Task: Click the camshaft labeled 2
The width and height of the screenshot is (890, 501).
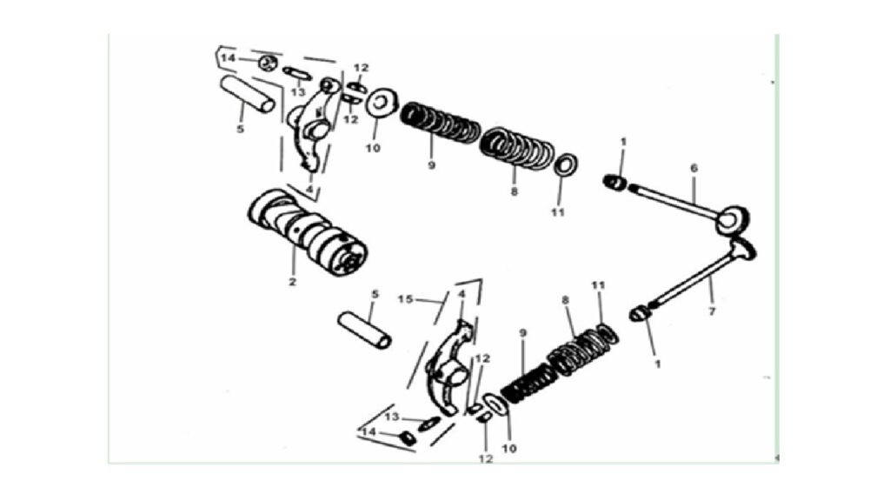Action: click(308, 232)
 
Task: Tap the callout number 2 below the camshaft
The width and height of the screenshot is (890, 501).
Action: click(292, 282)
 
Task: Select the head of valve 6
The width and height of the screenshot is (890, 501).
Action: click(733, 220)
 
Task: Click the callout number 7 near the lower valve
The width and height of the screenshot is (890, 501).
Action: click(712, 311)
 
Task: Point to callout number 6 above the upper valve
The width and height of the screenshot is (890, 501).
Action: click(694, 168)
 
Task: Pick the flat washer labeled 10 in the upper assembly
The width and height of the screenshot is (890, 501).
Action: click(382, 104)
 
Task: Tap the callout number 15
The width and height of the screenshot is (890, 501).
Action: click(405, 299)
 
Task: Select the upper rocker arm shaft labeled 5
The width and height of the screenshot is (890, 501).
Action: click(248, 94)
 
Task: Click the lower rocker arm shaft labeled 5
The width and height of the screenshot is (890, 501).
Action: click(364, 330)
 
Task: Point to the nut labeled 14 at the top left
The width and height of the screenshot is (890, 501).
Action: click(268, 63)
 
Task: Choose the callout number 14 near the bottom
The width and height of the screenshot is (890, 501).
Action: click(369, 433)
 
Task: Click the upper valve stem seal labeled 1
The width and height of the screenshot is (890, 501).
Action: click(614, 183)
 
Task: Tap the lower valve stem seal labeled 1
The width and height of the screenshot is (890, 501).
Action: click(641, 313)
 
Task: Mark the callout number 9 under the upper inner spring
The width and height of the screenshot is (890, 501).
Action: click(431, 165)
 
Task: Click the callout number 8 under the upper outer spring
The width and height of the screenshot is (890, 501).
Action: click(515, 191)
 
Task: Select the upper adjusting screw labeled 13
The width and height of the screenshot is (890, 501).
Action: click(297, 73)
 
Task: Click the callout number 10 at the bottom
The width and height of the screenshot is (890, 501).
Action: click(509, 448)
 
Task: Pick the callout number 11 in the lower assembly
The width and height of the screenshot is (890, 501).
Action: click(598, 285)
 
